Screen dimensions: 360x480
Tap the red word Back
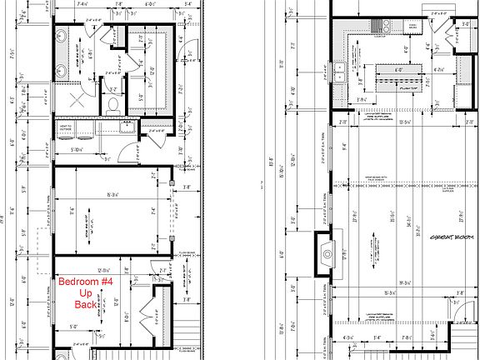tap(83, 305)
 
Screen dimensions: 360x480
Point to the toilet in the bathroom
tap(112, 105)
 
